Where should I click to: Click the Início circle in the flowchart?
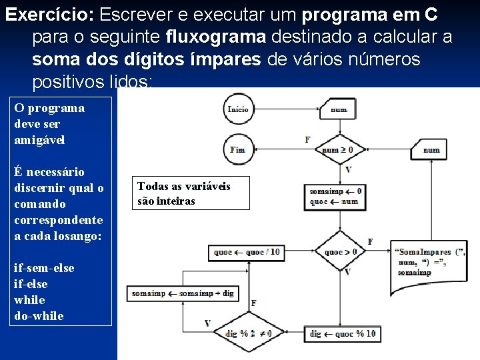point(238,109)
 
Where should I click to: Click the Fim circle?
point(238,149)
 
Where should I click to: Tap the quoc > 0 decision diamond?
point(340,252)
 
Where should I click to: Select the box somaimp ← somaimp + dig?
point(183,293)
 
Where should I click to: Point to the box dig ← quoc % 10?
point(343,333)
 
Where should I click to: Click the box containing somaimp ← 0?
point(335,195)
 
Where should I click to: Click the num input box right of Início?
point(339,109)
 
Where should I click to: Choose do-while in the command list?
point(39,316)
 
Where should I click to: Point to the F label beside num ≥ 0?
point(307,140)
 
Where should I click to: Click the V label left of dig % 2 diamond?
point(207,323)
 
